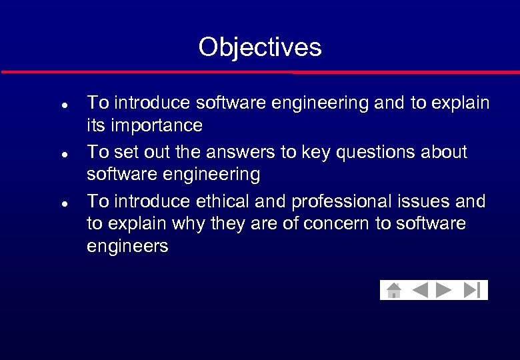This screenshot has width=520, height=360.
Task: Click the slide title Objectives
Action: point(260,47)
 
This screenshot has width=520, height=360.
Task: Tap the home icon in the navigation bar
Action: point(394,290)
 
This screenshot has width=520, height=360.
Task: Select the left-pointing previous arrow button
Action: point(420,290)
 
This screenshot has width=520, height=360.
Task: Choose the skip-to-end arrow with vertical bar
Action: point(472,290)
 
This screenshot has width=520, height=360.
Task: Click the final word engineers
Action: point(127,247)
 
